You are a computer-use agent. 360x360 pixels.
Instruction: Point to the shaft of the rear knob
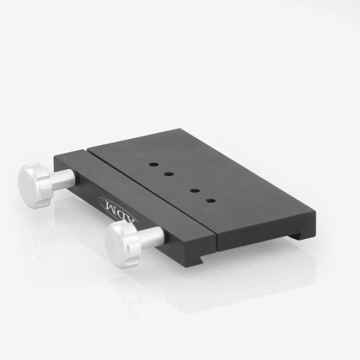coord(63,178)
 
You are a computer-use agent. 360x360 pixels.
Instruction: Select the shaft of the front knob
coord(151,237)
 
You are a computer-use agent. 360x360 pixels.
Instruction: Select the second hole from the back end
coord(169,174)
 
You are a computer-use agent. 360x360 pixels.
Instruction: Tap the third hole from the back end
coord(195,191)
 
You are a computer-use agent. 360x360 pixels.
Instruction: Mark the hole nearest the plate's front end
coord(210,200)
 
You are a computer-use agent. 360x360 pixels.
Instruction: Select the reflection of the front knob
coord(123,288)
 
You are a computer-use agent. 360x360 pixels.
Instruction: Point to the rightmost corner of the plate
coord(315,210)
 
